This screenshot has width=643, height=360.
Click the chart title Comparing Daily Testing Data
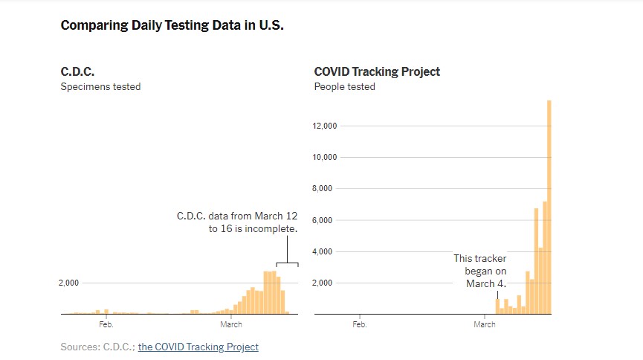pyautogui.click(x=172, y=25)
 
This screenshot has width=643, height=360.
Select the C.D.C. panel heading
pyautogui.click(x=77, y=72)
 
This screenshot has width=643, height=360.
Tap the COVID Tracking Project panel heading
pyautogui.click(x=377, y=72)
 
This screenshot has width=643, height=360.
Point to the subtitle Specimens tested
pyautogui.click(x=100, y=87)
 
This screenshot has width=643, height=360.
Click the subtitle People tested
pyautogui.click(x=344, y=87)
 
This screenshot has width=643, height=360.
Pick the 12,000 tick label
pyautogui.click(x=326, y=126)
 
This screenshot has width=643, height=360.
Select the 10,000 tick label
pyautogui.click(x=326, y=157)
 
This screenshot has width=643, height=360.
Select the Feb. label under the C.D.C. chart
pyautogui.click(x=106, y=324)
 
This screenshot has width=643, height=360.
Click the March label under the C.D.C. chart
pyautogui.click(x=230, y=324)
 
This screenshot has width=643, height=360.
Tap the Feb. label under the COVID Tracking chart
pyautogui.click(x=359, y=324)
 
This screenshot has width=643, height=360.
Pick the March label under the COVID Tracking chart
pyautogui.click(x=484, y=324)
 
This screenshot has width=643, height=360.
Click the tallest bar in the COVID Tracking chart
pyautogui.click(x=549, y=208)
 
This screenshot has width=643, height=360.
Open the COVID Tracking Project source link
pyautogui.click(x=198, y=347)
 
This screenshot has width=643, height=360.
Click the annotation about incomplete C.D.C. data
pyautogui.click(x=237, y=222)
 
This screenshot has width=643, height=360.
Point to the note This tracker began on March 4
pyautogui.click(x=480, y=271)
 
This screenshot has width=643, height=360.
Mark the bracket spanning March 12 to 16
pyautogui.click(x=287, y=263)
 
